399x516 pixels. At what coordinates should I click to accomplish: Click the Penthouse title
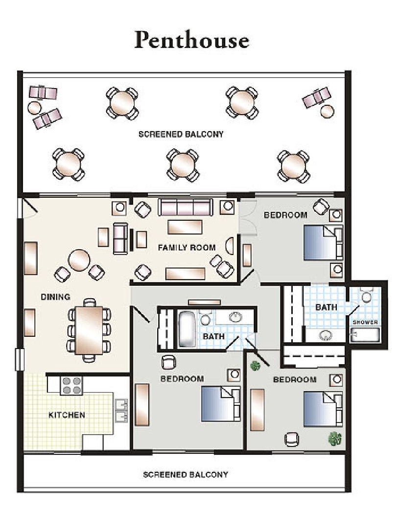pos(191,40)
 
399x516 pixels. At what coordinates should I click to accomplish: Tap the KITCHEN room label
pos(67,415)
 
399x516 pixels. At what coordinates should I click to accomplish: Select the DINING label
pos(55,297)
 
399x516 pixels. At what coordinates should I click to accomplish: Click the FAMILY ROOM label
pos(187,247)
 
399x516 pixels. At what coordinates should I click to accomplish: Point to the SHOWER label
pos(365,322)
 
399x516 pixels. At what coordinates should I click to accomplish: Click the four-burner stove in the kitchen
pos(71,385)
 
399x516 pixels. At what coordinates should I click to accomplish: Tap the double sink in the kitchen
pos(121,410)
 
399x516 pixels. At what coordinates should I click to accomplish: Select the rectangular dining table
pos(89,330)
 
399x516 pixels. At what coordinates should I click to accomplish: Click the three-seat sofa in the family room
pos(185,207)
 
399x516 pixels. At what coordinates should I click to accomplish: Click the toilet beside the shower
pos(366,295)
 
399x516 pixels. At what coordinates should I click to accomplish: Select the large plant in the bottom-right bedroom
pos(335,439)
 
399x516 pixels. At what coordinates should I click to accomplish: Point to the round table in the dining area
pos(79,260)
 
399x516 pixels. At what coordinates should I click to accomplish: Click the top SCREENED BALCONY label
pos(181,134)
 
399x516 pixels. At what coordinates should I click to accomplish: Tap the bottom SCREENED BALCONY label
pos(186,474)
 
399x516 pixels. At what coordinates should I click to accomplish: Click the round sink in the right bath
pos(326,335)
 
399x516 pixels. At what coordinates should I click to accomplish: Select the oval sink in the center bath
pos(235,317)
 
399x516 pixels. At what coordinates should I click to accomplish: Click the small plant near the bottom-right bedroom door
pos(255,366)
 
